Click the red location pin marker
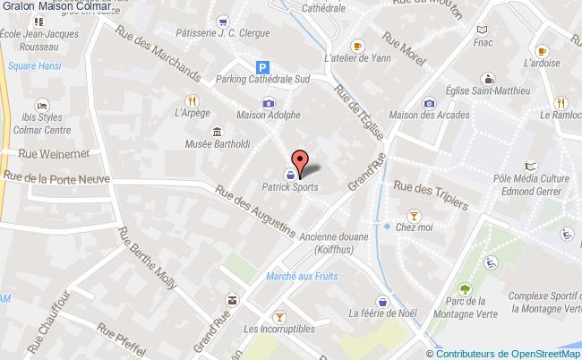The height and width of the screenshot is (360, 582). click(301, 162)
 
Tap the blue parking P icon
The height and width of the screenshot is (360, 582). click(262, 65)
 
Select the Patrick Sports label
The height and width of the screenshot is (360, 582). click(289, 188)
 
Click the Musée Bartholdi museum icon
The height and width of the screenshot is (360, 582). click(218, 133)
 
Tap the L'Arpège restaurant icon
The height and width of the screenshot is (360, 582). click(190, 100)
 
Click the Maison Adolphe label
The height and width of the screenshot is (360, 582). click(268, 116)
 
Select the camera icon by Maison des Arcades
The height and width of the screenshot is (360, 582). click(430, 103)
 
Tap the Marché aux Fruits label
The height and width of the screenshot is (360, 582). click(301, 276)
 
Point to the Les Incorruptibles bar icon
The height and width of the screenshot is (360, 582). click(278, 316)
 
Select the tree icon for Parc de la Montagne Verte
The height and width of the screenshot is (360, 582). click(465, 288)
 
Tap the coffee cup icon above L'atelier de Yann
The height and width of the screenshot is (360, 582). click(357, 45)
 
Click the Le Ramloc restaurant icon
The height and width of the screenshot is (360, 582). click(560, 101)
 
